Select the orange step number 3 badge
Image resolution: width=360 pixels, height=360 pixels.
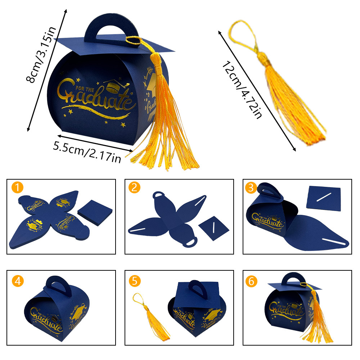[x=251, y=188]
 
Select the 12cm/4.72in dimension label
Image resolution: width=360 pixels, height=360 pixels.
[x=242, y=90]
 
